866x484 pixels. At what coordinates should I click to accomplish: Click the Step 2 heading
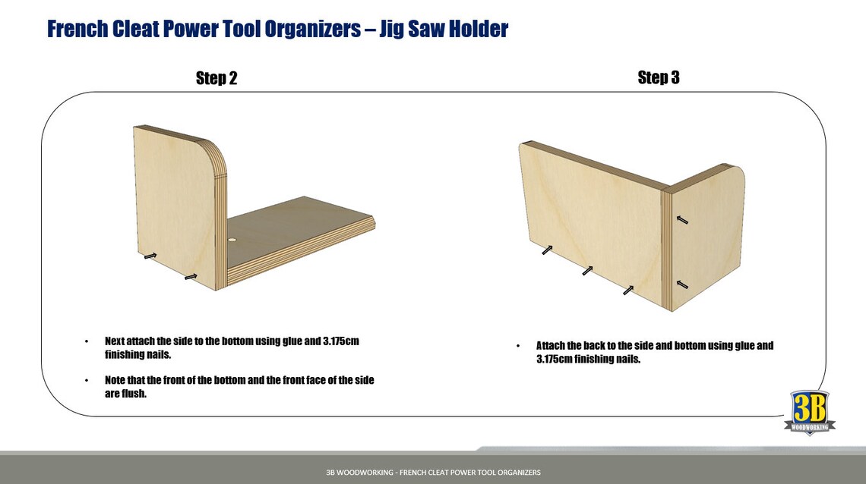pos(216,78)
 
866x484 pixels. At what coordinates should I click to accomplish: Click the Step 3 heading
pos(658,77)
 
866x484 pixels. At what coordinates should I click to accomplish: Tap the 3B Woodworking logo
pos(809,413)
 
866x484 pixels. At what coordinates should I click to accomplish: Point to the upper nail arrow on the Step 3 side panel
pos(682,220)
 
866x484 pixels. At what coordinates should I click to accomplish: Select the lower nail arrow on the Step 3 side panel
pos(682,284)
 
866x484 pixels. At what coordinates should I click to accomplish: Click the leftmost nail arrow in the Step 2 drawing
pos(150,256)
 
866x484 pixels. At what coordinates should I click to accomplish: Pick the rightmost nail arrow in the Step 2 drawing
pos(191,277)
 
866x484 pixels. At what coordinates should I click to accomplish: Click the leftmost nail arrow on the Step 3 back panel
pos(548,250)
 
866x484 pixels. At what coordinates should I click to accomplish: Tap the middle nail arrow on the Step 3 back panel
pos(587,270)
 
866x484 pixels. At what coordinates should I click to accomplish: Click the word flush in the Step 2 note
pos(134,393)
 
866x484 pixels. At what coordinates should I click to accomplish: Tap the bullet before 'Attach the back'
pos(518,346)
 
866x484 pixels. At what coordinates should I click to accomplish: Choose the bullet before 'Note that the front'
pos(87,380)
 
